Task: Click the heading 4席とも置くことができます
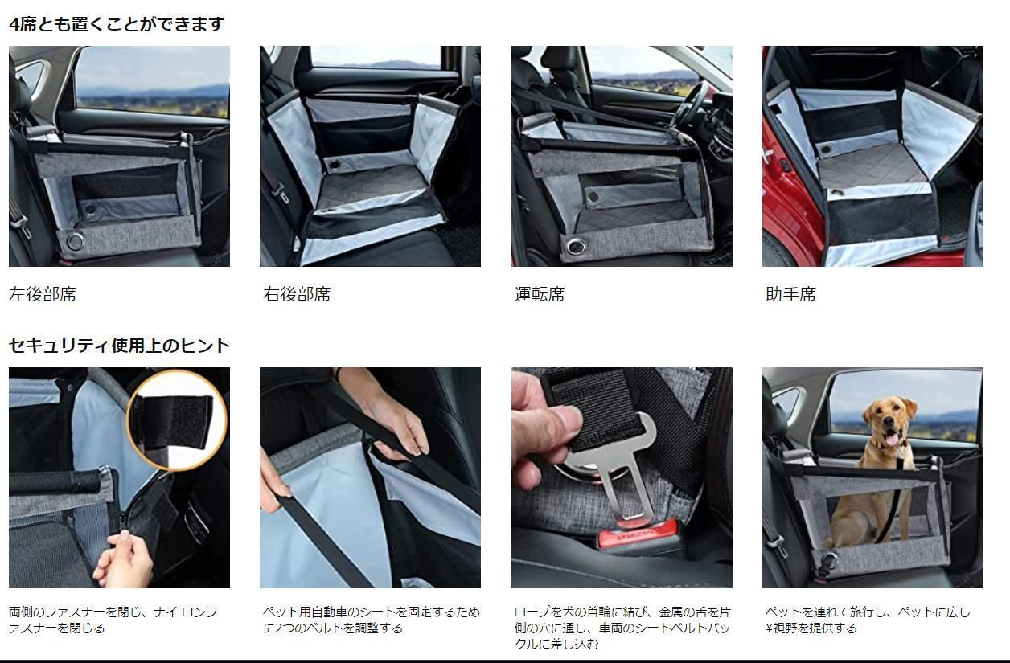coord(117,24)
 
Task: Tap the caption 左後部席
coord(43,294)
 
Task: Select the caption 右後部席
coord(297,294)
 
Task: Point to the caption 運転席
coord(540,294)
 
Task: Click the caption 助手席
coord(790,294)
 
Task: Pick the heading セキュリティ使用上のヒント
coord(119,346)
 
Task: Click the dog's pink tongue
coord(891,438)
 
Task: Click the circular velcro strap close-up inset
coord(177,420)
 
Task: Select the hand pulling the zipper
coord(123,559)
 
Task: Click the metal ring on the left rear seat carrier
coord(75,242)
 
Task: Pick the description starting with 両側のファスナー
coord(113,620)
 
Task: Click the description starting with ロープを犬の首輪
coord(622,628)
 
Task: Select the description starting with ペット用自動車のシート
coord(372,620)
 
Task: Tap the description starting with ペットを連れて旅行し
coord(868,620)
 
